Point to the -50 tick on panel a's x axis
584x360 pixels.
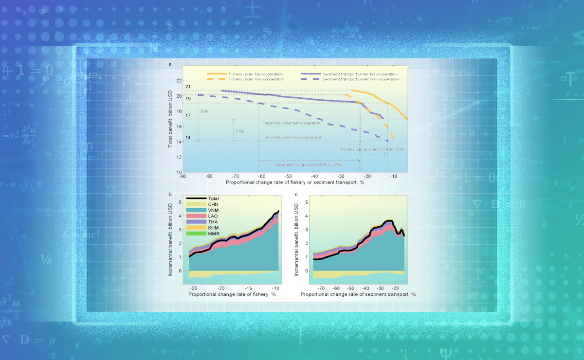(288, 176)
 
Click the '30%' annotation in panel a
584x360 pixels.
(203, 111)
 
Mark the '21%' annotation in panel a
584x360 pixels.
(239, 131)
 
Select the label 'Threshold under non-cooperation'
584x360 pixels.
(292, 138)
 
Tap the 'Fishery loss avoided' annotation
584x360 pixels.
(373, 148)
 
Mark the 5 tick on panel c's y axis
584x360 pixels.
(306, 201)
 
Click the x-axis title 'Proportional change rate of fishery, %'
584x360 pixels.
(232, 294)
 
